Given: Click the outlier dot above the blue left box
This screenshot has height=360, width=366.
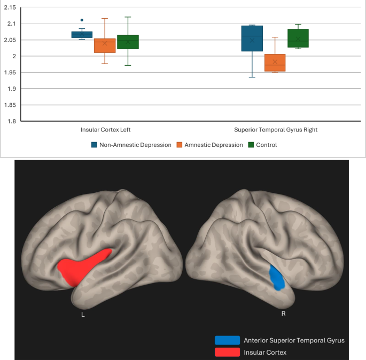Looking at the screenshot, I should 82,20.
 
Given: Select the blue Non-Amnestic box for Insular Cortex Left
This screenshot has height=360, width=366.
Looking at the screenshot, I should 82,35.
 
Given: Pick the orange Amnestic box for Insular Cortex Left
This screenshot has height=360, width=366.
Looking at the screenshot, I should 105,45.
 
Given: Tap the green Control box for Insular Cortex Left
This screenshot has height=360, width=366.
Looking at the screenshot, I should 128,42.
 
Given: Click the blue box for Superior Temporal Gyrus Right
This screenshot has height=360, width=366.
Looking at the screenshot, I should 252,38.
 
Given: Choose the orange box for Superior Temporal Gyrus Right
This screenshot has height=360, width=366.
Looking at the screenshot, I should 275,62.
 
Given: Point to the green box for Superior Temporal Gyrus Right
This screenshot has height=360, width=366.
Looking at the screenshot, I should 298,38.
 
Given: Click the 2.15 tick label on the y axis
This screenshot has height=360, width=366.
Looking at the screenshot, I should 10,7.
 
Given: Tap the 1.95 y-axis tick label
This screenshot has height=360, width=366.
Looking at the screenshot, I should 10,73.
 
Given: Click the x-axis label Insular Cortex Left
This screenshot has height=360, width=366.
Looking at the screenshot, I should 105,130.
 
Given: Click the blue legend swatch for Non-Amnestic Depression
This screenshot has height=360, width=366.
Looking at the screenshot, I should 94,145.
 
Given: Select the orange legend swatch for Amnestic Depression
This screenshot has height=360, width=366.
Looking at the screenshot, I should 180,145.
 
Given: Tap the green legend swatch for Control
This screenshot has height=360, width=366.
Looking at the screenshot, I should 251,145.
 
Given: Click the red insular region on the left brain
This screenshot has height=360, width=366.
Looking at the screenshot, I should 83,265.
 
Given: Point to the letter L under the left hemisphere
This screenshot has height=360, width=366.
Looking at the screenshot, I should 83,314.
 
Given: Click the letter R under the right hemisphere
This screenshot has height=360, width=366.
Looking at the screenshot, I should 283,314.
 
